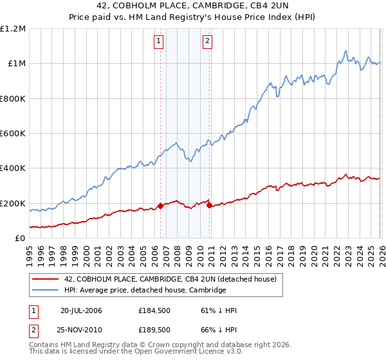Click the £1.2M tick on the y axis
[x=13, y=29]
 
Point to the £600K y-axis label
[x=13, y=134]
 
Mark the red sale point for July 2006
[x=160, y=206]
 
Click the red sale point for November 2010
[x=210, y=206]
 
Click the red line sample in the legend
[x=45, y=279]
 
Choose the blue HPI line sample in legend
[x=45, y=291]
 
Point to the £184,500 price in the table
[x=154, y=310]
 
